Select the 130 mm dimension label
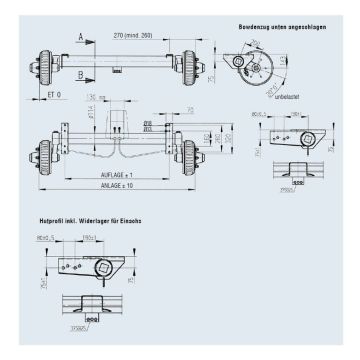(97, 98)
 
